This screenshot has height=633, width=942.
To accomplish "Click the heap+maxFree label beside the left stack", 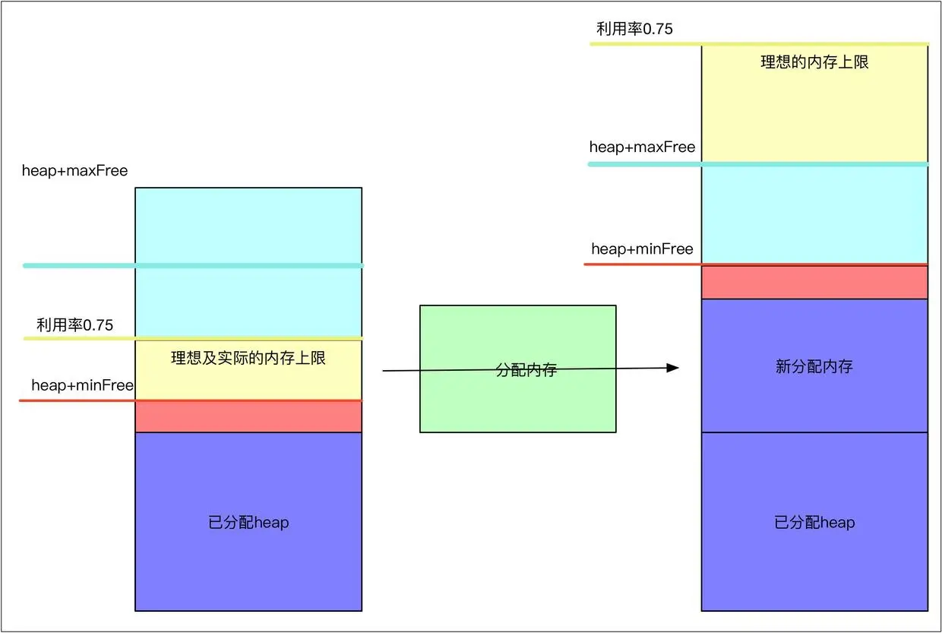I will [74, 171].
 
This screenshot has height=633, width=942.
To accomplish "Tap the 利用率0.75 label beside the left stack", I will [74, 325].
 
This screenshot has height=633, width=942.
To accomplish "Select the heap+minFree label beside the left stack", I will [82, 386].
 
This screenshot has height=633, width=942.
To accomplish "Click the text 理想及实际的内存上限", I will [248, 358].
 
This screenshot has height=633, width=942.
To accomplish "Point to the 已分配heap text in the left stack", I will [248, 523].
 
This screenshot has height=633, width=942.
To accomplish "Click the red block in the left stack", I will [248, 416].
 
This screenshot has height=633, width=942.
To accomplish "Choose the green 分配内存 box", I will [517, 403].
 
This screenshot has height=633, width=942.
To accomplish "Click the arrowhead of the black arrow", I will [672, 368].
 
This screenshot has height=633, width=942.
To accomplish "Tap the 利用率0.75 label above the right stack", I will [634, 29].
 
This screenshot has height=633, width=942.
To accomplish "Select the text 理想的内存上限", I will [814, 62].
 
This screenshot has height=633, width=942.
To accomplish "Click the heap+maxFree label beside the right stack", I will [642, 147].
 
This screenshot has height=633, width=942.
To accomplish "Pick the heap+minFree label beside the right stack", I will [642, 249].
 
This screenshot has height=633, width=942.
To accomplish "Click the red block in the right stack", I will [814, 282].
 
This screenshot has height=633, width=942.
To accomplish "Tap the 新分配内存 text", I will [814, 367].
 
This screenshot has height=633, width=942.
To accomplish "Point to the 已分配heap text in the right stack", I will [814, 523].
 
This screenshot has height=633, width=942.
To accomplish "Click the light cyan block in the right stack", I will [814, 213].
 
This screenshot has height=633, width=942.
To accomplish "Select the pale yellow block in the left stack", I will [248, 380].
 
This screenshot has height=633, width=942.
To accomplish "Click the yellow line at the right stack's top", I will [760, 44].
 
